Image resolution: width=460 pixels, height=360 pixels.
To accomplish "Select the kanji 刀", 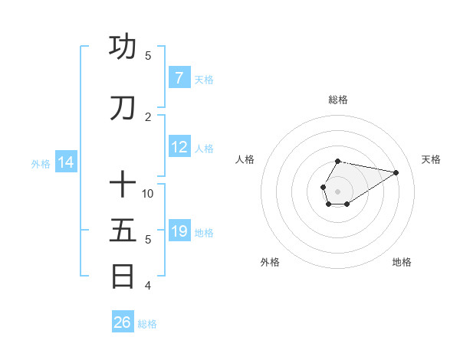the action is pos(123,108).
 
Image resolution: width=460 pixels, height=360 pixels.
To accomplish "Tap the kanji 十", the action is pos(123,185).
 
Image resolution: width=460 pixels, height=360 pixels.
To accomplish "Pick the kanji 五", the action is pos(123,231).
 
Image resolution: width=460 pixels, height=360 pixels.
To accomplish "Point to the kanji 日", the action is pos(123,276).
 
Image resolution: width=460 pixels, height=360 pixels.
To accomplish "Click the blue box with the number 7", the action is pos(179,78).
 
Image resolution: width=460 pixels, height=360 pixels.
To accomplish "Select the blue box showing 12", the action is pos(179,147).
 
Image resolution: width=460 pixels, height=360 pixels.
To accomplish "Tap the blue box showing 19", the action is pos(179,231).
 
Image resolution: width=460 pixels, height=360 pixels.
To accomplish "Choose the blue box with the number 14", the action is pos(66,162).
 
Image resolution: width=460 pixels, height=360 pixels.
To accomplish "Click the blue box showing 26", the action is pos(122,322).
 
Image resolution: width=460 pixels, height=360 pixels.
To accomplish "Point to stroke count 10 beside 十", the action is pos(148,193).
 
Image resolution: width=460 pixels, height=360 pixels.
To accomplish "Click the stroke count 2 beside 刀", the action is pos(148,116).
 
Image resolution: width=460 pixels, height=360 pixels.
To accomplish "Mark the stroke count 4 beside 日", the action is pos(148,286).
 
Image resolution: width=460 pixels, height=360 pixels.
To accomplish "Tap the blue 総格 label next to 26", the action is pos(147,324).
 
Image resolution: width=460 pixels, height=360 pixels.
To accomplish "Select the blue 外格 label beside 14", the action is pos(41,163).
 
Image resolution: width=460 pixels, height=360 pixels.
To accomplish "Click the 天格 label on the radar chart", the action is pos(431,159).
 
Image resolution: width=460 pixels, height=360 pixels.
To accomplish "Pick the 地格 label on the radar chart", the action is pos(402,262).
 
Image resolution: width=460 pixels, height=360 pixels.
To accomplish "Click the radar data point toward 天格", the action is pos(396,172).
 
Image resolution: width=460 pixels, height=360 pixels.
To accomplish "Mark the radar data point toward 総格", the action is pos(338,161).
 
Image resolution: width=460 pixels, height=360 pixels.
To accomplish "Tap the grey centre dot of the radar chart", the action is pos(338,191).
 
